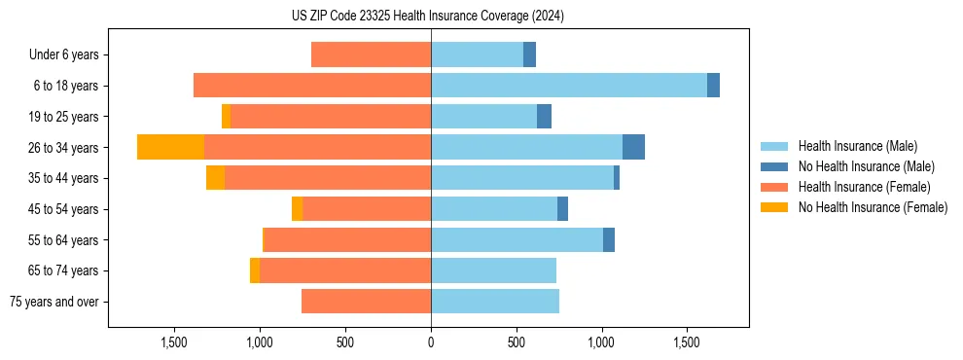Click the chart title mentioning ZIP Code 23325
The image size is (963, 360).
tap(428, 17)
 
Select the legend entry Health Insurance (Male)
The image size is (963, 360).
tap(857, 146)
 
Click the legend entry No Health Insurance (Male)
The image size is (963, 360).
tap(866, 166)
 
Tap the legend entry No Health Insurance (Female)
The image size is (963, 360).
tap(873, 207)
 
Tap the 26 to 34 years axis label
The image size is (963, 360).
tap(65, 147)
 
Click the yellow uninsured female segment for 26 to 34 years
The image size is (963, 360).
tap(170, 147)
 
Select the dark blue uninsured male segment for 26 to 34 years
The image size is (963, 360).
tap(633, 147)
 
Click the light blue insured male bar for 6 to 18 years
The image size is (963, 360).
tap(568, 86)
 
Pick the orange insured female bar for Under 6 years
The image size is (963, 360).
tap(371, 54)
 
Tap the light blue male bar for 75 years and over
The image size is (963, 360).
tap(494, 302)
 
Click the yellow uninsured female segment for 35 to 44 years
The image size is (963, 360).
tap(215, 178)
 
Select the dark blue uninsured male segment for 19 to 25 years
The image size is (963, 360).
tap(544, 117)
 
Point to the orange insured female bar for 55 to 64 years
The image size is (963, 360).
tap(347, 240)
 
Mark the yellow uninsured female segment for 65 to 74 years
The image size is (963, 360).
tap(255, 270)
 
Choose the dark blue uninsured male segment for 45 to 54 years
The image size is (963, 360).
tap(562, 209)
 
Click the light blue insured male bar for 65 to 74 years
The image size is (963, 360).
tap(493, 270)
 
